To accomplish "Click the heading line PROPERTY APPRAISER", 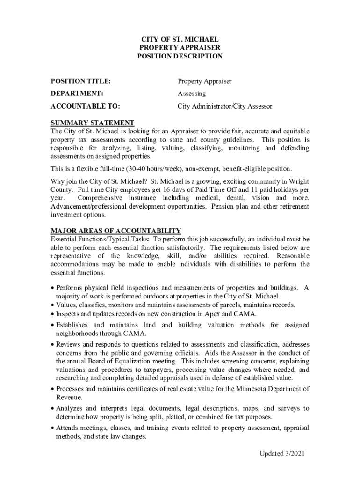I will (180, 48).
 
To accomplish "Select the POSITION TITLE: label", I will (80, 81).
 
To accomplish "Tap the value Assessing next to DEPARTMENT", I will (192, 94).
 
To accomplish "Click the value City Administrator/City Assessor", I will (224, 106).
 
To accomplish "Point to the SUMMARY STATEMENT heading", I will (93, 123).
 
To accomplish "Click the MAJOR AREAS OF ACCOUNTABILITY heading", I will (115, 231).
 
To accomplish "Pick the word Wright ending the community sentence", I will (298, 181).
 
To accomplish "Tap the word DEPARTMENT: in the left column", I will (77, 94).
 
